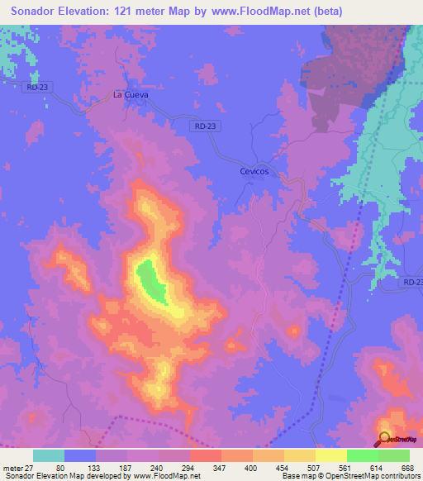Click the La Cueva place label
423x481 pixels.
coord(131,95)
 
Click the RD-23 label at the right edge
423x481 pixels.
coord(412,283)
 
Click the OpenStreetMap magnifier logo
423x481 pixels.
coord(385,439)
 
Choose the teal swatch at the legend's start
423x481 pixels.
coord(49,455)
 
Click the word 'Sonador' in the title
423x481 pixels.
coord(34,12)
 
